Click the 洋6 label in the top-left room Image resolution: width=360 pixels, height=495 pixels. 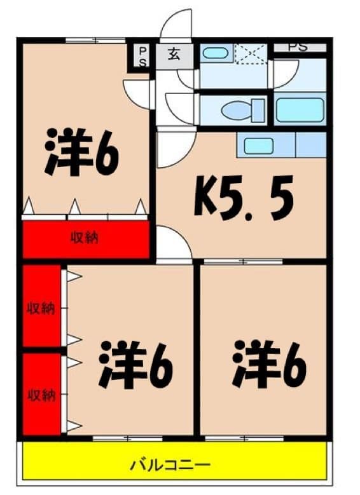[81, 153]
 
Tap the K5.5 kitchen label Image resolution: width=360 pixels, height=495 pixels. [244, 198]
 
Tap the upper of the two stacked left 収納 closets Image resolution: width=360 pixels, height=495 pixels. [41, 308]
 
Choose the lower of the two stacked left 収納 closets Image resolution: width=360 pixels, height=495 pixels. [41, 395]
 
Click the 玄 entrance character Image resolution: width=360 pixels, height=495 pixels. [174, 54]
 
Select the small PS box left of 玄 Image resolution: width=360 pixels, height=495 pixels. [142, 55]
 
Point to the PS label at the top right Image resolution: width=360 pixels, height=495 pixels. [298, 46]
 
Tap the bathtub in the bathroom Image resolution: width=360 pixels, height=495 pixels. [300, 110]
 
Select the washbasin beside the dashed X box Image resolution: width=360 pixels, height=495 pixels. [216, 53]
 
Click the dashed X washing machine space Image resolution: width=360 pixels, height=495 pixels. [251, 53]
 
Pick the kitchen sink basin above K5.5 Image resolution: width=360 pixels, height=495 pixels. [258, 146]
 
